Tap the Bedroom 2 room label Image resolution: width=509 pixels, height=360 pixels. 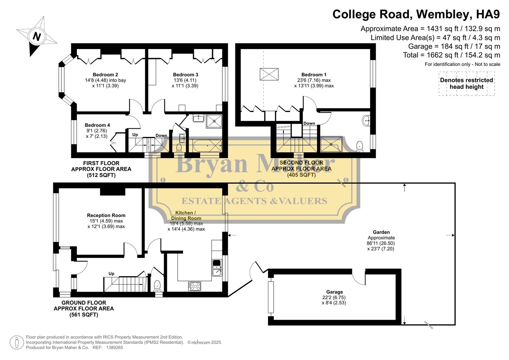tap(105, 75)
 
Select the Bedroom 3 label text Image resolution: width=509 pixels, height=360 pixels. tap(185, 75)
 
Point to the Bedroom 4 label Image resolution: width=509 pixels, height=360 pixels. tap(97, 125)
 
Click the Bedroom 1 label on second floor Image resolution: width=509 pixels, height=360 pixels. tap(314, 75)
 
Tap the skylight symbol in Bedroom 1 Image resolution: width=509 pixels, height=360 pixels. tap(269, 74)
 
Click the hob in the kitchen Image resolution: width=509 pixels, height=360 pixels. tap(195, 286)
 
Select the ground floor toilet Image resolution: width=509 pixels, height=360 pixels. tap(157, 286)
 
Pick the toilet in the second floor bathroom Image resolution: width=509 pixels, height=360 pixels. tap(359, 146)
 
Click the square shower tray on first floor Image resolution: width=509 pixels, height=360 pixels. tap(214, 121)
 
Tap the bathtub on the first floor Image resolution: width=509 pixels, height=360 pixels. tap(205, 145)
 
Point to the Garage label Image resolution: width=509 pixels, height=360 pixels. tap(334, 292)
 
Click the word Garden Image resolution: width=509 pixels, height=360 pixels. tap(381, 232)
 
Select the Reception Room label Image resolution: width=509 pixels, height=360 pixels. tap(106, 215)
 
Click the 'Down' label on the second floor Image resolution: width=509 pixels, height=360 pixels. tap(309, 123)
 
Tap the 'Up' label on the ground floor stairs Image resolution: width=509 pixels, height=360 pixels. tap(111, 274)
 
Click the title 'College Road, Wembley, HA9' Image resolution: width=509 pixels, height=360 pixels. tap(416, 14)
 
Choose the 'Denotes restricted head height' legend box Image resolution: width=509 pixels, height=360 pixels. tap(466, 84)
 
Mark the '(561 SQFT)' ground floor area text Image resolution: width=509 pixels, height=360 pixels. tap(84, 315)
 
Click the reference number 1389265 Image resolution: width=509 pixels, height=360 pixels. tap(114, 347)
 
